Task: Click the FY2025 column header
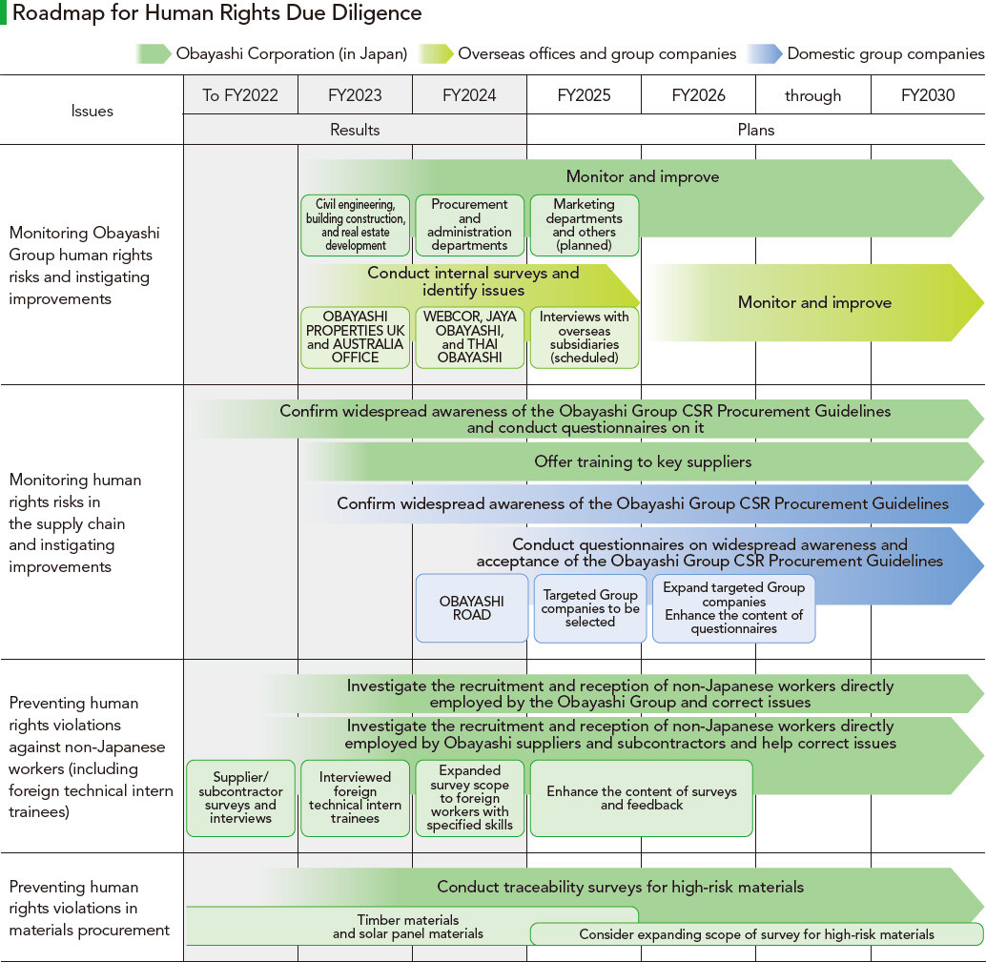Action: coord(584,95)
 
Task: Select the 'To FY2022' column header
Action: coord(240,95)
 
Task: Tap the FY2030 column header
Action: coord(928,95)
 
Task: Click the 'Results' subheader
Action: coord(355,130)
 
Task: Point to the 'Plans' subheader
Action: coord(756,130)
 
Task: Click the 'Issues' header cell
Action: coord(92,111)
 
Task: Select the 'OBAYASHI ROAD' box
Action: coord(472,608)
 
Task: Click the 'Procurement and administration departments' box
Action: coord(469,225)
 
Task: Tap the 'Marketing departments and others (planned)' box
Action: coord(584,225)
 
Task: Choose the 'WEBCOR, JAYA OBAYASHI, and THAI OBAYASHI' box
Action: coord(469,337)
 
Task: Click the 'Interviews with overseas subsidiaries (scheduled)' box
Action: coord(584,338)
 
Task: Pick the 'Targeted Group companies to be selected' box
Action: coord(590,608)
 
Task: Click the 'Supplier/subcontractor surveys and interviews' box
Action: coord(240,798)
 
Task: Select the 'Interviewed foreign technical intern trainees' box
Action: coord(355,798)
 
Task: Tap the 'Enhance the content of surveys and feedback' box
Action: coord(641,798)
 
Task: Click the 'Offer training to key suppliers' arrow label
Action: coord(643,462)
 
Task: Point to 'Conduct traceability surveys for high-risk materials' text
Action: coord(620,887)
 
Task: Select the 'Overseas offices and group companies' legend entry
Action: coord(597,53)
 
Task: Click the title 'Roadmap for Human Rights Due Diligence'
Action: coord(217,13)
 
